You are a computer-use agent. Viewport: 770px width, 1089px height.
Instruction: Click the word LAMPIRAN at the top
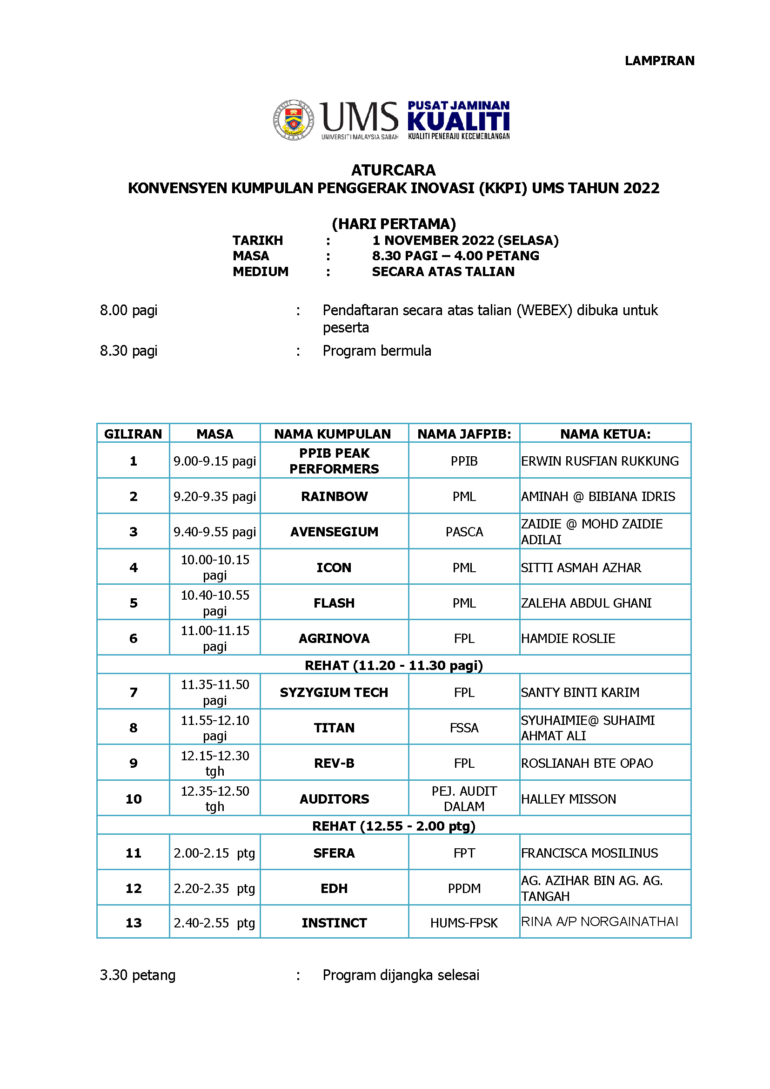659,61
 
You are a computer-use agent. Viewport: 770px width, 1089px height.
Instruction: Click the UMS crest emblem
294,120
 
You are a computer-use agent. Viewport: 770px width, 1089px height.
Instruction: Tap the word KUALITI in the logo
458,122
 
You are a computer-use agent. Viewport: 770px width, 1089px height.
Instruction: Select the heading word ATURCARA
393,170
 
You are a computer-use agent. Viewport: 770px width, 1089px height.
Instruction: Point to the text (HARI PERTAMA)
394,223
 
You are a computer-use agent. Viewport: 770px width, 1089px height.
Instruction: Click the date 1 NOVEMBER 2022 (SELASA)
465,241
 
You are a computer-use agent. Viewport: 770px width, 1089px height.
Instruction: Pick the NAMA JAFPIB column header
464,434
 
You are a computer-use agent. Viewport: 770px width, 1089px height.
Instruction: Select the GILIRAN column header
133,434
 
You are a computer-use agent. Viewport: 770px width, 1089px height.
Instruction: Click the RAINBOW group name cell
334,496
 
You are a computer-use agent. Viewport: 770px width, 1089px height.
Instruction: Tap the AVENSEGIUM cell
334,531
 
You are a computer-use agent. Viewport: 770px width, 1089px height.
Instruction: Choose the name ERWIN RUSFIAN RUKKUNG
599,461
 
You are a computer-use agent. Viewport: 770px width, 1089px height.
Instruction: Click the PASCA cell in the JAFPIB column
464,531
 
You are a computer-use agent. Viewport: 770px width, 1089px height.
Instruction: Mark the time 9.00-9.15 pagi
214,461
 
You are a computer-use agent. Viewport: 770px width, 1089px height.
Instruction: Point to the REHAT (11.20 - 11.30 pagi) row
394,665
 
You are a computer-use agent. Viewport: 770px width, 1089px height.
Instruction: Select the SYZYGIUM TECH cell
334,692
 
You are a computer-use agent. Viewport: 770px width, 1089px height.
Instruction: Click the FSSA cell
464,728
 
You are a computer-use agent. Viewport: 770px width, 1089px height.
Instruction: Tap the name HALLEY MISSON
568,799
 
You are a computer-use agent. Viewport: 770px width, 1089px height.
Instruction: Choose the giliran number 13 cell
133,923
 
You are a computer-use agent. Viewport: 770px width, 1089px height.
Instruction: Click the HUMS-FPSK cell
464,923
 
